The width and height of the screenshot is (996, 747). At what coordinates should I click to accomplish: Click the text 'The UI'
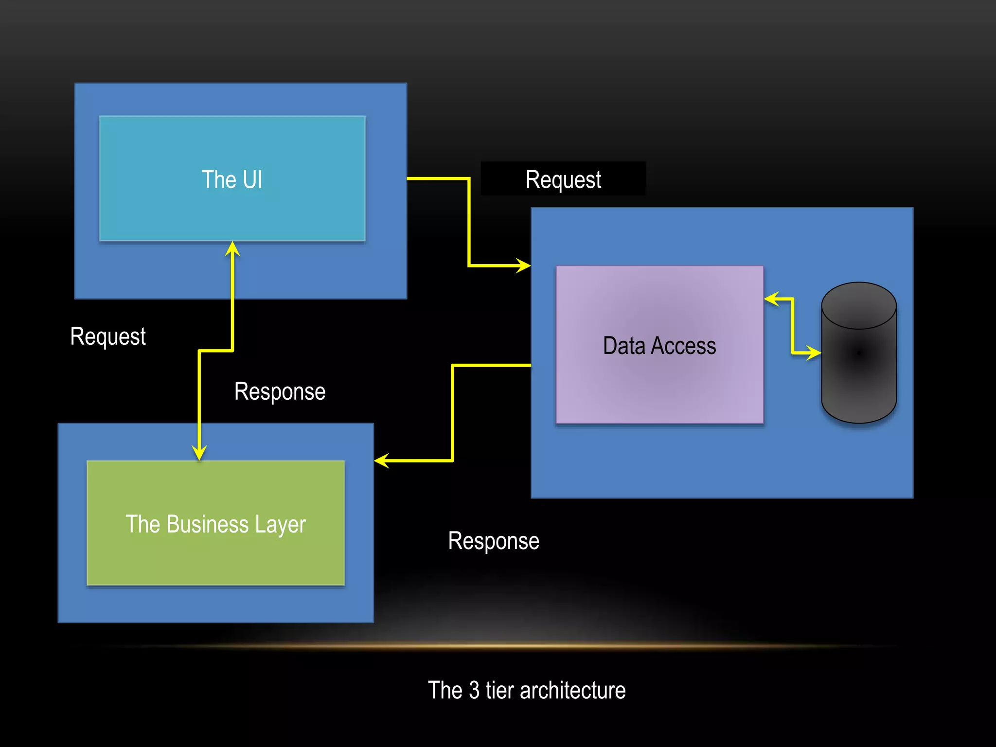tap(232, 179)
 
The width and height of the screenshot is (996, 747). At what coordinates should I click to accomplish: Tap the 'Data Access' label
tap(659, 346)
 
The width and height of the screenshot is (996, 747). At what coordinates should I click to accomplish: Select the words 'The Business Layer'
tap(215, 524)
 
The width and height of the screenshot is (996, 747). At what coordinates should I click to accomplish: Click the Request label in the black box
tap(563, 179)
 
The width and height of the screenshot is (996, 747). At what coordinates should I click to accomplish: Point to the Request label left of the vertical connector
tap(108, 337)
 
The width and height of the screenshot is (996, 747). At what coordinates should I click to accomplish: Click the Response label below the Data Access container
tap(493, 541)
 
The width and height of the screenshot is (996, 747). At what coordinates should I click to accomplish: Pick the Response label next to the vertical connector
tap(280, 391)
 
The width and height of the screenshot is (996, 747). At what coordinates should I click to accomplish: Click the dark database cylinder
tap(858, 370)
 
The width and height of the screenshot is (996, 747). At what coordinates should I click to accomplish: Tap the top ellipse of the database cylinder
tap(858, 305)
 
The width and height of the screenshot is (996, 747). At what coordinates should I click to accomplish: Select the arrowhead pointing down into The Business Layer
tap(199, 453)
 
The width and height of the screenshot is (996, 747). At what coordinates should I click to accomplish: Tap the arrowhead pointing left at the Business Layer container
tap(382, 461)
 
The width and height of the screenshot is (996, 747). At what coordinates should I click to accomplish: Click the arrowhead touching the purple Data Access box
tap(771, 299)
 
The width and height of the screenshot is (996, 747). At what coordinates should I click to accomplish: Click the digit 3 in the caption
tap(474, 691)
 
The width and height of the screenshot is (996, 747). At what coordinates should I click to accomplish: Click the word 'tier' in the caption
tap(499, 691)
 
